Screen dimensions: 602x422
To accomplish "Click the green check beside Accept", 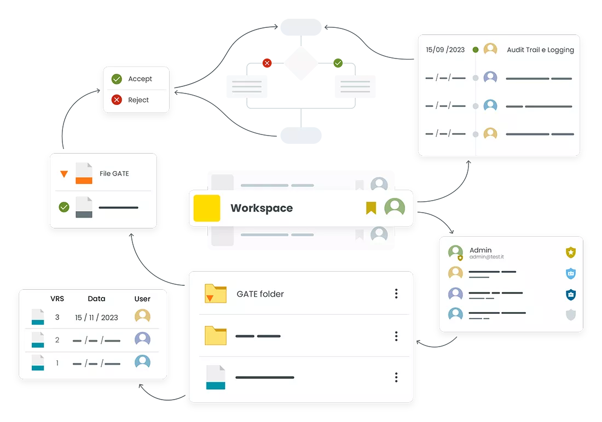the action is tap(117, 79).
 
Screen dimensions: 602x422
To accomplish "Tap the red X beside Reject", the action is tap(117, 99).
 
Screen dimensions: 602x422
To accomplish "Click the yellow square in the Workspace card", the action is tap(207, 208).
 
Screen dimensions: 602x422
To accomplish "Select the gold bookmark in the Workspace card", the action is tap(371, 208).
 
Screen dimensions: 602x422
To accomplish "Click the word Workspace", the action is tap(262, 208).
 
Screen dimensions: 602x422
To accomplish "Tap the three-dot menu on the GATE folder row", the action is tap(396, 294).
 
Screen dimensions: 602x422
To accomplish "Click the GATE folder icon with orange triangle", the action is tap(216, 294).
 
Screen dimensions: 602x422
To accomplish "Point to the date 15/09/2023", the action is tap(445, 50).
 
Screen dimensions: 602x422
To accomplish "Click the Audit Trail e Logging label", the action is tap(540, 50).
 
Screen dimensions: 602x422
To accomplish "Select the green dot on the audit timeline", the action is tap(475, 50).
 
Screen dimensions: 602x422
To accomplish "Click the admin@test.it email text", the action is tap(487, 257).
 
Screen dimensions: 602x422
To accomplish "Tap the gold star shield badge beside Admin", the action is tap(571, 252).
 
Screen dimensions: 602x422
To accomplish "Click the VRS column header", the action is tap(57, 298).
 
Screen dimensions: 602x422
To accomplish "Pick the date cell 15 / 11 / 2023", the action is tap(96, 317).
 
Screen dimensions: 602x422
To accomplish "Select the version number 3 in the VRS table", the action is tap(57, 317).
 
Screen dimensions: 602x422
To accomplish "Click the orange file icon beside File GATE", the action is tap(84, 173).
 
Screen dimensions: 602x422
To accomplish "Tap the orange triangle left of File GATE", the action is tap(64, 174).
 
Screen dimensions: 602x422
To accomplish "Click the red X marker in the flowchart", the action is tap(267, 63).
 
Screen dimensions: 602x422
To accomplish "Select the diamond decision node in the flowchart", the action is tap(301, 63).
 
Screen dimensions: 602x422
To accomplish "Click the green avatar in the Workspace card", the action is tap(395, 207).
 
